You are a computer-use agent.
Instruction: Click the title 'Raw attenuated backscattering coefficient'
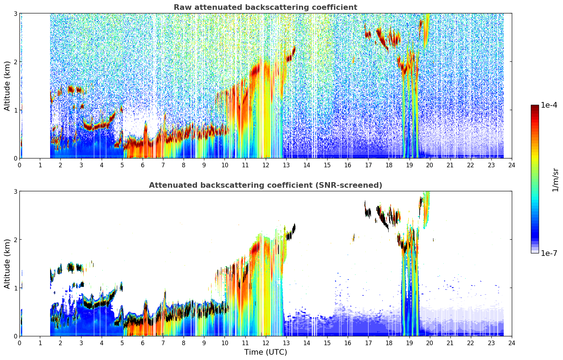coord(265,7)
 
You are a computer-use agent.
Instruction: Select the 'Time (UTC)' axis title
coord(265,352)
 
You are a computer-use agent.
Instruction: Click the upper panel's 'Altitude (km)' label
coord(7,86)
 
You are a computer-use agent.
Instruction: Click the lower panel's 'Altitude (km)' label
coord(7,264)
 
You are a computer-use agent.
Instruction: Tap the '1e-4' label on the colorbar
coord(549,105)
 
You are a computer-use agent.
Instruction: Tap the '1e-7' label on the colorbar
coord(549,253)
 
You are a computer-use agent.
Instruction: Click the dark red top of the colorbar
coord(535,107)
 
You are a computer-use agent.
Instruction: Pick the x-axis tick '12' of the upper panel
coord(266,165)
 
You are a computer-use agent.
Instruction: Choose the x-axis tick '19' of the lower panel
coord(409,343)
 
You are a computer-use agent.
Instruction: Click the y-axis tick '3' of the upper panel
coord(15,13)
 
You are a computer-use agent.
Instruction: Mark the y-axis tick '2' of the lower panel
coord(15,240)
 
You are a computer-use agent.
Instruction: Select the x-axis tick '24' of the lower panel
coord(512,343)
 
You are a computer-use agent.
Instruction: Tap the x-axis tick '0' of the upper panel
coord(20,165)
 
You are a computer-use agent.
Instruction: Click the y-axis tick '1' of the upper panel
coord(15,110)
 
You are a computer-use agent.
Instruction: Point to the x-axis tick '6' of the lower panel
coord(143,343)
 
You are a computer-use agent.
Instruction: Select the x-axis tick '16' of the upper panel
coord(348,165)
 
